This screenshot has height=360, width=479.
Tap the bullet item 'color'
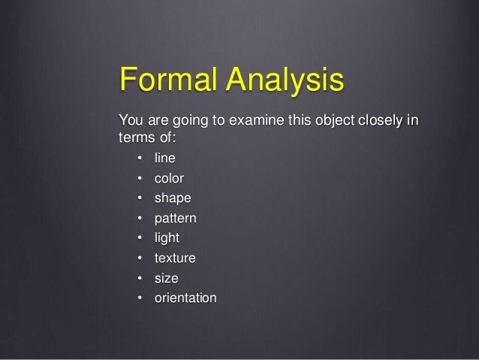click(x=170, y=179)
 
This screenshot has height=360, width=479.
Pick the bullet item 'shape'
click(x=173, y=199)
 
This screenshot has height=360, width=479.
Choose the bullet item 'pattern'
click(x=176, y=219)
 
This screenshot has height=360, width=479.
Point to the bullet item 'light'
click(x=167, y=239)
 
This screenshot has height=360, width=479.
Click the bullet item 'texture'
click(x=175, y=259)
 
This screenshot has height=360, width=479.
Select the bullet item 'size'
click(x=167, y=279)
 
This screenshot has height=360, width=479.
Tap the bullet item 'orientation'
click(x=185, y=298)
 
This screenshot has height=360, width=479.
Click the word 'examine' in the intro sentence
click(x=244, y=121)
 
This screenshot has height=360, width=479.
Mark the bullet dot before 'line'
click(x=140, y=159)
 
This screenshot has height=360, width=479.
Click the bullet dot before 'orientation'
click(x=140, y=299)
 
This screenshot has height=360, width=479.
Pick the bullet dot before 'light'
click(x=140, y=239)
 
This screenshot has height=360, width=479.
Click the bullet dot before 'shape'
click(x=140, y=199)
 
